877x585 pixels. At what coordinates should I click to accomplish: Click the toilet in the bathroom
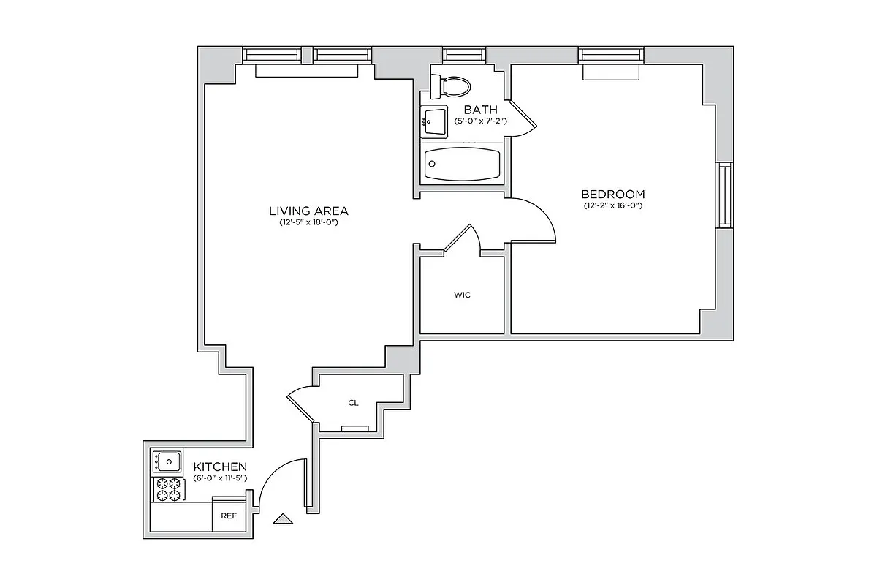[x=453, y=86]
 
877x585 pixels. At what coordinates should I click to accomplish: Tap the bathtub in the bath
[x=462, y=164]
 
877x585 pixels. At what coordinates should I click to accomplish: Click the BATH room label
[x=480, y=110]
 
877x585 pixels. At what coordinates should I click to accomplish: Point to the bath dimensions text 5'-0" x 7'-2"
[x=480, y=121]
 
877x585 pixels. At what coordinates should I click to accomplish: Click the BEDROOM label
[x=612, y=195]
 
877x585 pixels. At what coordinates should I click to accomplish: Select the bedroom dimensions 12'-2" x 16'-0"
[x=612, y=206]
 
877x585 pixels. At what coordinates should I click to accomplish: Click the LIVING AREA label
[x=308, y=211]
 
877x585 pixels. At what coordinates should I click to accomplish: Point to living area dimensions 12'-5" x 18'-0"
[x=308, y=222]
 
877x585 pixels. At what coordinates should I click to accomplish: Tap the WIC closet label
[x=462, y=295]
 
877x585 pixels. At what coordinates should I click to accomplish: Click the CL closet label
[x=353, y=403]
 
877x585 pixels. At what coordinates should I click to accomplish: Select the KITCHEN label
[x=219, y=467]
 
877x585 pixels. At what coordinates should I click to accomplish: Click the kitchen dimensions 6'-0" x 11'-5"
[x=219, y=478]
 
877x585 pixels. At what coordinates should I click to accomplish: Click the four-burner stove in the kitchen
[x=167, y=489]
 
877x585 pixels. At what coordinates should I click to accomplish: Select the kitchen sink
[x=168, y=461]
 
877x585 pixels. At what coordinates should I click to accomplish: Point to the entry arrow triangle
[x=282, y=519]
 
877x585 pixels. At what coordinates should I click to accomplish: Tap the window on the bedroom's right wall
[x=724, y=195]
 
